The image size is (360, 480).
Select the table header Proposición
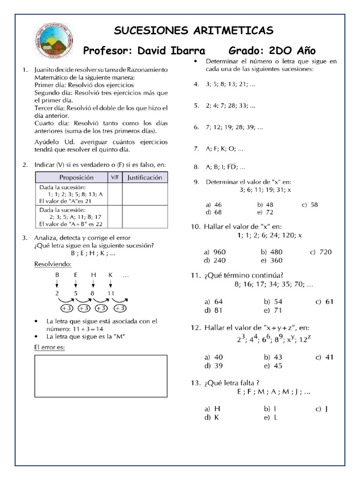click(x=76, y=178)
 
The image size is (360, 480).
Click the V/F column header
click(x=115, y=178)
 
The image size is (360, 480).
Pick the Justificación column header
click(x=145, y=178)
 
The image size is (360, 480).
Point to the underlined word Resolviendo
click(x=53, y=264)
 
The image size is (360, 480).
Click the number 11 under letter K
click(x=110, y=293)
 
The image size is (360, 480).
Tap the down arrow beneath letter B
click(x=57, y=284)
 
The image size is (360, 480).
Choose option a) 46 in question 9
click(x=214, y=204)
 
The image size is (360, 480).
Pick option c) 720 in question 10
click(x=321, y=252)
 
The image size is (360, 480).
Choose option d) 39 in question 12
click(x=214, y=366)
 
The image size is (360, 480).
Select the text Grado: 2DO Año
click(x=272, y=51)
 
